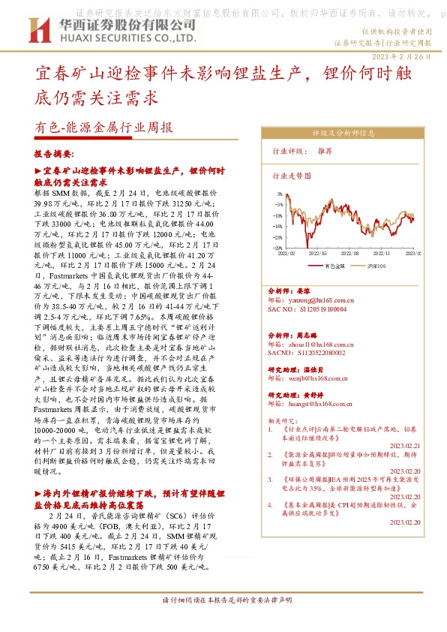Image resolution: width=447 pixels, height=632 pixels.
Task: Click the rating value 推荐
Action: pos(325,151)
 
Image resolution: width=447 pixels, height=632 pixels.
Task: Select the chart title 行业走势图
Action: pos(286,177)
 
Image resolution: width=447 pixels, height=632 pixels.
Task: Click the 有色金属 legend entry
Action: pos(335,266)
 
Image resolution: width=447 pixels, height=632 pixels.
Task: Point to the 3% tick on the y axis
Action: pos(278,193)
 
